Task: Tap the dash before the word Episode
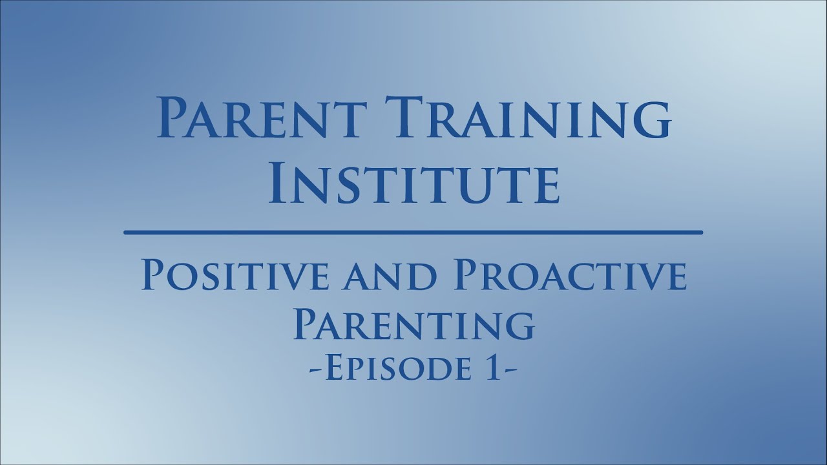click(x=315, y=371)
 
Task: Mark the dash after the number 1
click(x=510, y=371)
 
